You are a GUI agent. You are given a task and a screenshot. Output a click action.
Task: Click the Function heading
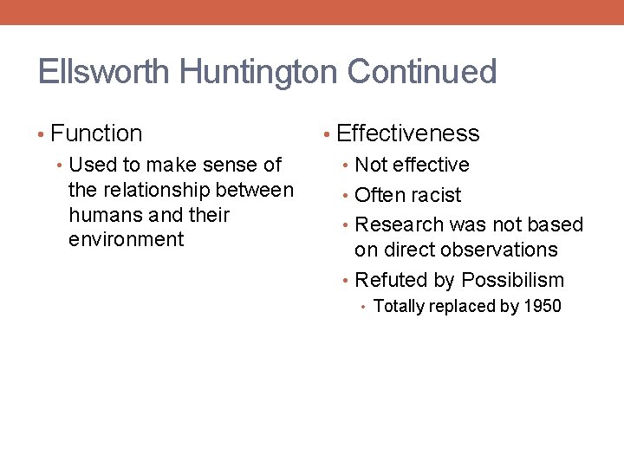coord(96,133)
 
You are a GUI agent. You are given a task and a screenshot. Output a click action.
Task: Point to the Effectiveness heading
coord(407,133)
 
